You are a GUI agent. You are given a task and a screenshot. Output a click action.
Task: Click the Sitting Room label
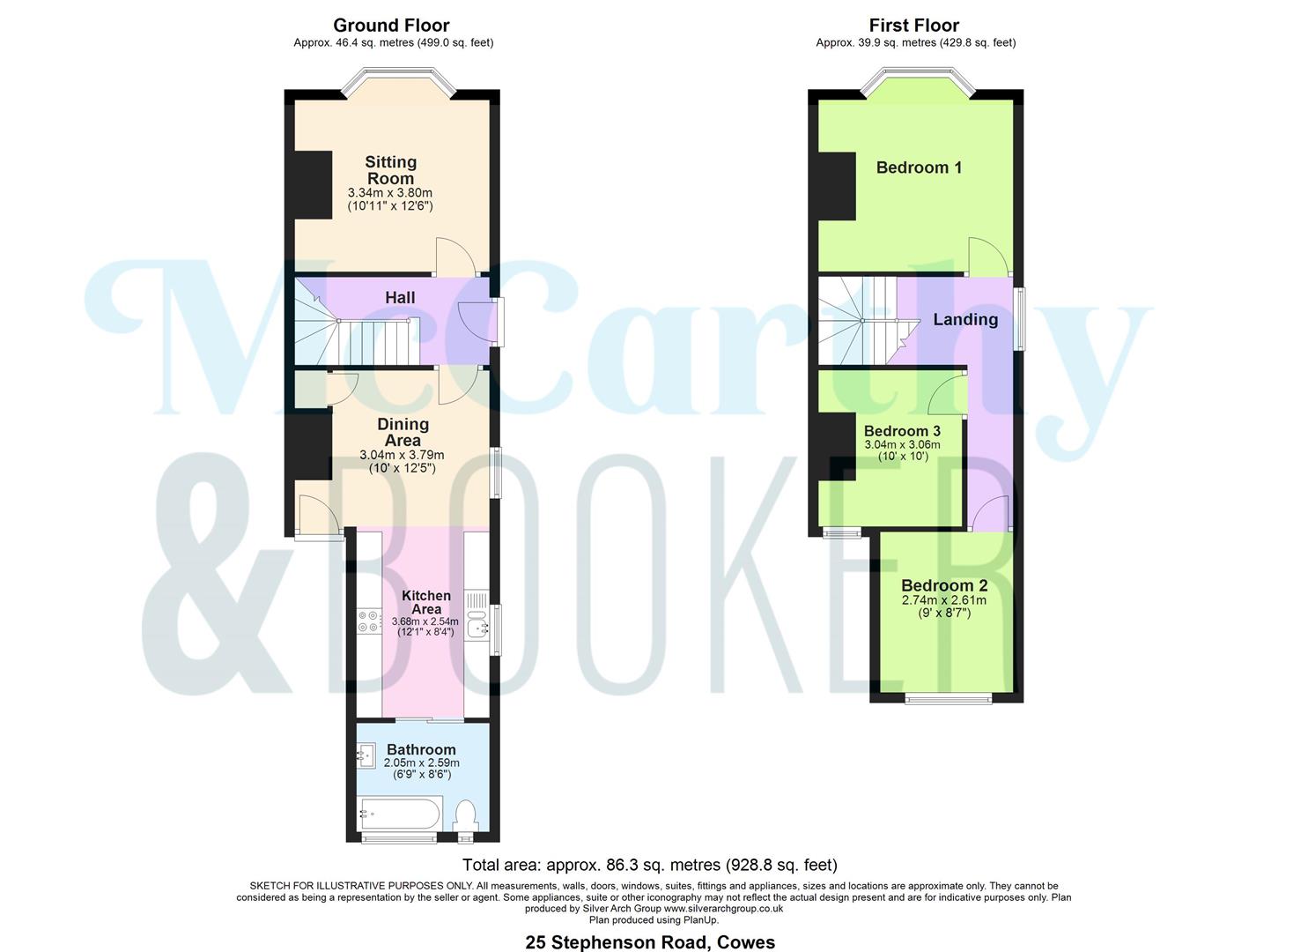(390, 170)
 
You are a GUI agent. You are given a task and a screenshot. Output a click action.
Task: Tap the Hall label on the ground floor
(400, 298)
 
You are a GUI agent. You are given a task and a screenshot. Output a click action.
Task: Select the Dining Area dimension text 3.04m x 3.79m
(402, 455)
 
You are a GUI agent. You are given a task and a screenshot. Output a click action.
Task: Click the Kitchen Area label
(426, 602)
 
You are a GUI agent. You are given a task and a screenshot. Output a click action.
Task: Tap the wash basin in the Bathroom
(366, 755)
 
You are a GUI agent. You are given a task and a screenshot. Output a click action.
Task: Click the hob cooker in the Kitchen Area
(368, 621)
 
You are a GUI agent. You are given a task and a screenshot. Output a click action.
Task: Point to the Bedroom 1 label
(919, 167)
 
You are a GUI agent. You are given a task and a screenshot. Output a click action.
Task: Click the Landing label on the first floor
(965, 320)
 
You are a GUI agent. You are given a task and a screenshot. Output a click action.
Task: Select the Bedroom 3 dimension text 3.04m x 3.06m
(902, 445)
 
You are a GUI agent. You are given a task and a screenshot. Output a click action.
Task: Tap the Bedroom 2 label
(944, 585)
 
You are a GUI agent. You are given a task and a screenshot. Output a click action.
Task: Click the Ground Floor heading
(391, 26)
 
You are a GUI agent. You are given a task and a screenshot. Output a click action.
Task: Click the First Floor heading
(914, 26)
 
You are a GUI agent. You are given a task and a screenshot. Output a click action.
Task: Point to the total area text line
(650, 865)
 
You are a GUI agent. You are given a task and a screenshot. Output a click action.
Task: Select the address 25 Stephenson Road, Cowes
(650, 942)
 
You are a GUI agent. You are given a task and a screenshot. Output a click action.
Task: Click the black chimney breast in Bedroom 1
(837, 186)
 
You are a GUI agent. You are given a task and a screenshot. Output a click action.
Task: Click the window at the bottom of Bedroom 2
(948, 700)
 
